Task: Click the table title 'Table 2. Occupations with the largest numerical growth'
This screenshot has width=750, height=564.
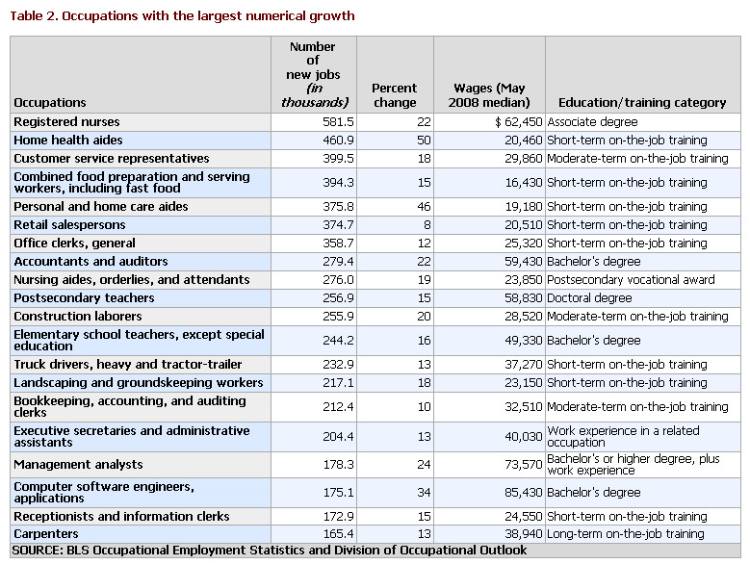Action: pos(182,16)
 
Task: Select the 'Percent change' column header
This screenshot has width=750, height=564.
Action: pos(395,95)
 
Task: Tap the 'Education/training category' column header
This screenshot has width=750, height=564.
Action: pos(642,103)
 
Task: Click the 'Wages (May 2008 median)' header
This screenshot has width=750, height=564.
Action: pos(489,95)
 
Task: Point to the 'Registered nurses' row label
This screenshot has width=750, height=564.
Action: pos(66,122)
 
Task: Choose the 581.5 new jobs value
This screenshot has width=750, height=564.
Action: pos(338,122)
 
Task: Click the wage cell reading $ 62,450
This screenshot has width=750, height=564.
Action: pos(519,122)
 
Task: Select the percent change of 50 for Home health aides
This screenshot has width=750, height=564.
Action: pos(424,141)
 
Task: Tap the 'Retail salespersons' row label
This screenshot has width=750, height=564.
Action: pos(69,224)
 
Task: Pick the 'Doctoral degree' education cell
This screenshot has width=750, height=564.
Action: pos(589,298)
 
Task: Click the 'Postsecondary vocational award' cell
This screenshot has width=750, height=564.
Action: pos(631,280)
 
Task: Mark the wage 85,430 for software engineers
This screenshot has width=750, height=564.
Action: pos(524,493)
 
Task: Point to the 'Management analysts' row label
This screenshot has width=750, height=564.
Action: pos(78,465)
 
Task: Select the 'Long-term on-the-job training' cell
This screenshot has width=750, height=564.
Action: pos(626,534)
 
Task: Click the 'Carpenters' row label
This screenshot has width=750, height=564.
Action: pos(46,534)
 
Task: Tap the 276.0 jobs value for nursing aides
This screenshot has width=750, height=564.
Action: pos(338,280)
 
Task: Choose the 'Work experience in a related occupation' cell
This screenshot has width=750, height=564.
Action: pos(623,436)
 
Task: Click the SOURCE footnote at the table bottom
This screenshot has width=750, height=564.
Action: pos(270,551)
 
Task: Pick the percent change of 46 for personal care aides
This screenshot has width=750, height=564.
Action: pos(424,207)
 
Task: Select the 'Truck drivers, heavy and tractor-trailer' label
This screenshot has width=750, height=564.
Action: pos(128,364)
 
